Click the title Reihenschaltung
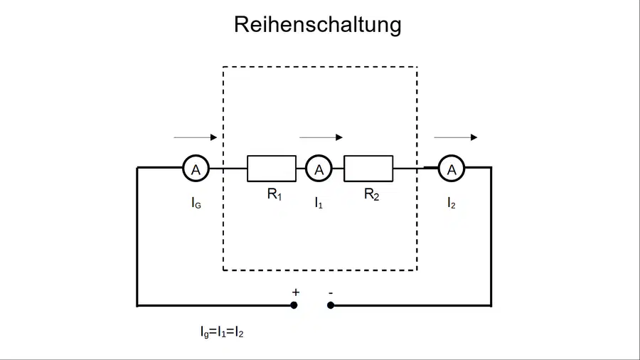[318, 25]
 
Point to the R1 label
[274, 194]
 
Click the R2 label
[371, 194]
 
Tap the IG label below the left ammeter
[196, 203]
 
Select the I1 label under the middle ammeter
[319, 203]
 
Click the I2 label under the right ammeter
[452, 203]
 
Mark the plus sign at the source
[296, 292]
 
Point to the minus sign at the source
[331, 292]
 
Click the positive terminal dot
[294, 305]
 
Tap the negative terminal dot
[331, 305]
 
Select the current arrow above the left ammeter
[196, 137]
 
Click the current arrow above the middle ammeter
[321, 137]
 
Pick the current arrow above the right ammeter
[456, 137]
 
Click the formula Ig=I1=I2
[222, 332]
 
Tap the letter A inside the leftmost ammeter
[196, 170]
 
